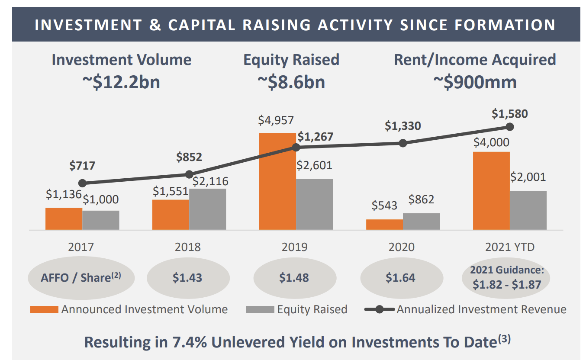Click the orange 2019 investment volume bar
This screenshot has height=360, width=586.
(277, 182)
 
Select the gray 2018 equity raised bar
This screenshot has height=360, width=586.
(207, 209)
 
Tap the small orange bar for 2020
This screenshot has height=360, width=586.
(384, 224)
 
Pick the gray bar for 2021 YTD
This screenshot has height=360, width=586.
(528, 210)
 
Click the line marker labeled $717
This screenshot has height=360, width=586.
(83, 183)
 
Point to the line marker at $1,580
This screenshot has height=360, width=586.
(510, 127)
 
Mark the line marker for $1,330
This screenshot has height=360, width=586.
(403, 143)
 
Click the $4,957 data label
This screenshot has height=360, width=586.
(276, 120)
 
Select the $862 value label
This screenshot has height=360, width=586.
(421, 199)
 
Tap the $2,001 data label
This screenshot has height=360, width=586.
(528, 177)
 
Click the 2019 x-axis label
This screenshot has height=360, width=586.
(295, 247)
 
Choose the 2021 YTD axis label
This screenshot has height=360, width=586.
(509, 247)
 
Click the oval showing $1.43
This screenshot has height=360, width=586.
(187, 277)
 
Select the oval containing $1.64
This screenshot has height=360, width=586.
(401, 277)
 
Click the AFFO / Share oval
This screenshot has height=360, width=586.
(81, 277)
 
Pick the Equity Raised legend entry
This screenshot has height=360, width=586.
(297, 309)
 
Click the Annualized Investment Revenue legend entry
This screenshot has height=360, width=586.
(466, 309)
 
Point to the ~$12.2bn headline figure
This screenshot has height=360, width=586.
(121, 81)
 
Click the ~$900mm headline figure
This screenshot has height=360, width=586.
(474, 81)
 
